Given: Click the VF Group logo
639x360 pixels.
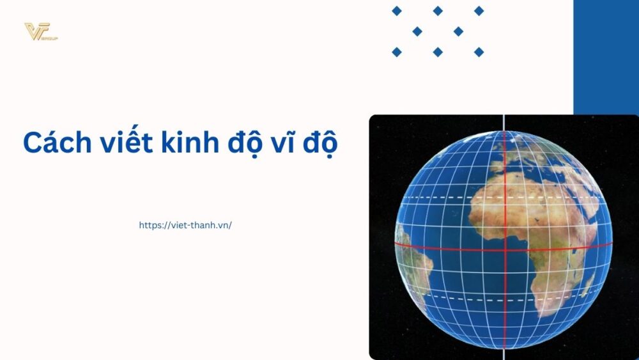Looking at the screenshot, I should (x=40, y=31).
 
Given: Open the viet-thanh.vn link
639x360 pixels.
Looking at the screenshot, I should (x=185, y=225).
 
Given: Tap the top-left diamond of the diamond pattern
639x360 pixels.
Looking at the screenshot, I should (x=397, y=11).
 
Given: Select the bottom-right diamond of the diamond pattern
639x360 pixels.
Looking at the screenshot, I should (x=479, y=52).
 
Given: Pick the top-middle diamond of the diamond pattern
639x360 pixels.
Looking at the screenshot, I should (x=438, y=11).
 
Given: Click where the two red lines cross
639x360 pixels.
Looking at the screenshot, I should (x=505, y=248).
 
